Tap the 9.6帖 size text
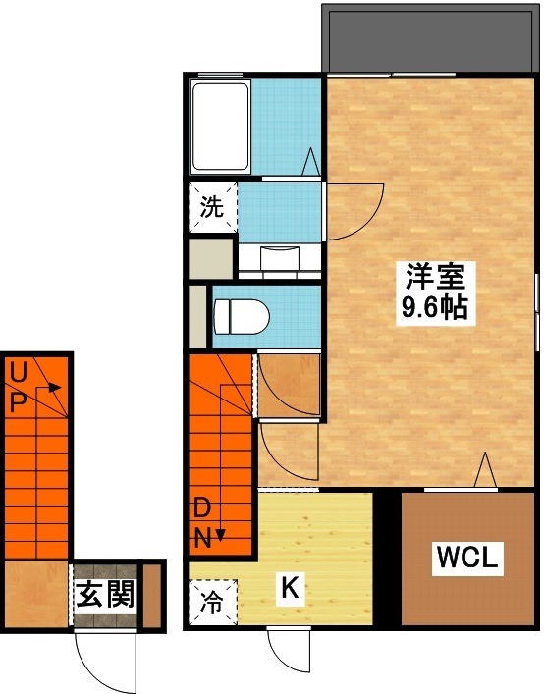(432, 309)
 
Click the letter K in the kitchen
(290, 588)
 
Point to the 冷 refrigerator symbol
(211, 600)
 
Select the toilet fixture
(242, 315)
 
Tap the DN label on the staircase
(201, 522)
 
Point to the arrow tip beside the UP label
(60, 388)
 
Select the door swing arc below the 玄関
(105, 662)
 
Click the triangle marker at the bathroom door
(311, 160)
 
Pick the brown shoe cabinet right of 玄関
(152, 595)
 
